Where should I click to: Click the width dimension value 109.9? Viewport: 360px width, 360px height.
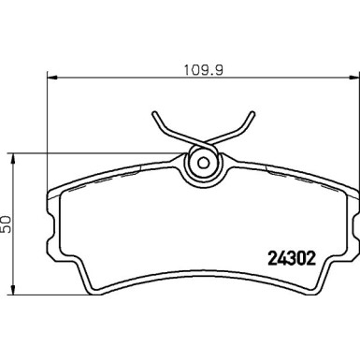tap(199, 68)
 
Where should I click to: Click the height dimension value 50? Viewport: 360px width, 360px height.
tap(8, 223)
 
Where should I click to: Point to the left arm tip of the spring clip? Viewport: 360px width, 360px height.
tap(152, 117)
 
